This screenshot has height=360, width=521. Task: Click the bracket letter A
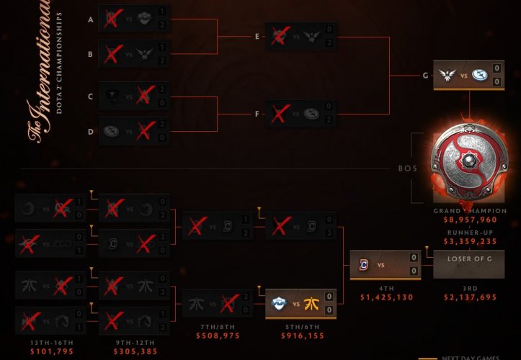coord(91,19)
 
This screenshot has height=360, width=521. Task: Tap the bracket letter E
coord(257,35)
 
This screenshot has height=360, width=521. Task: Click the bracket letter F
coord(257,112)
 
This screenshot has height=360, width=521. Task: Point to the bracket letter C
coord(91,96)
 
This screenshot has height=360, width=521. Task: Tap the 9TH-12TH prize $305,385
coord(134,353)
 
